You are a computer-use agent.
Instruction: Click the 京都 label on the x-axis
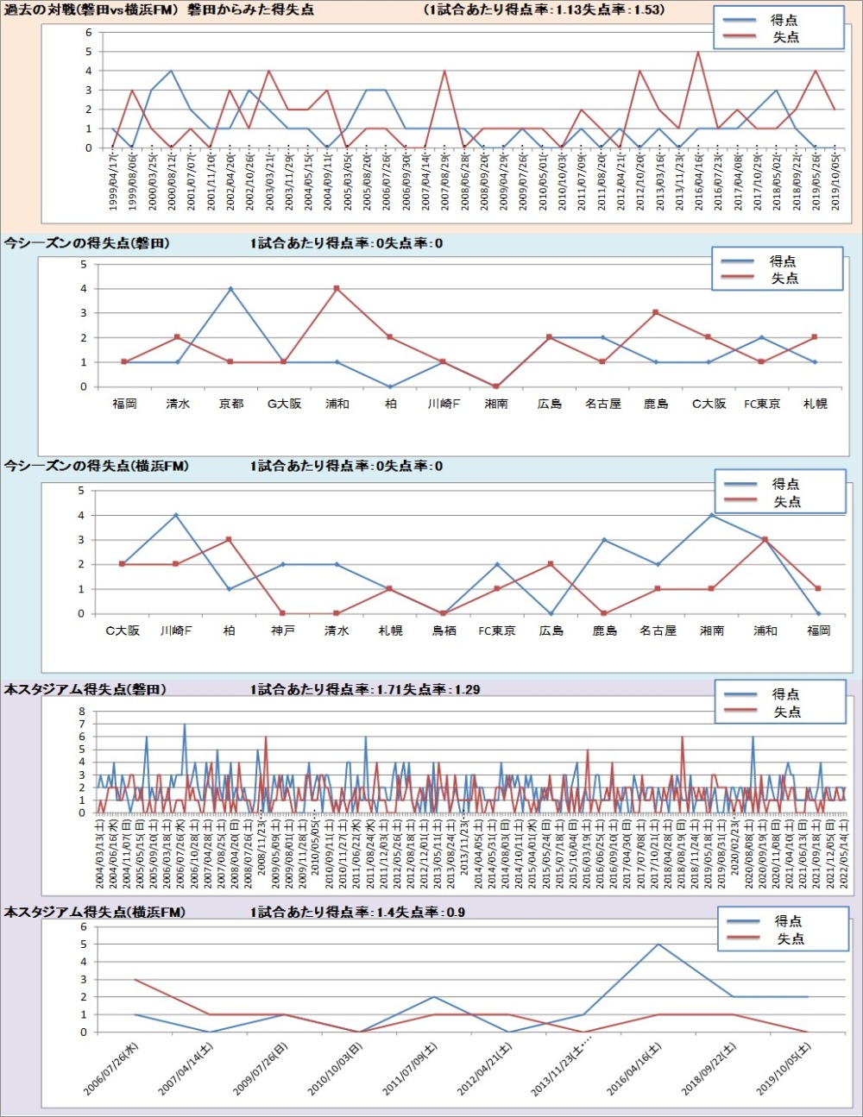(x=231, y=404)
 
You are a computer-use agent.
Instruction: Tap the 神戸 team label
(x=283, y=631)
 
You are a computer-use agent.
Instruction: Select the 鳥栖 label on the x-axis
(x=444, y=631)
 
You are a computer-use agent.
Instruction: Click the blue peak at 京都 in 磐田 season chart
(x=231, y=289)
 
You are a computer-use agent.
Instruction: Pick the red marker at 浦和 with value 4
(x=337, y=289)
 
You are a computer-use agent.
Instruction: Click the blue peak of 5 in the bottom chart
(x=658, y=944)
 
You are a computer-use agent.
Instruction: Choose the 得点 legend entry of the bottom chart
(x=788, y=921)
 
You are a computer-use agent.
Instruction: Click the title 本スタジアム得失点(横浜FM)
(x=95, y=912)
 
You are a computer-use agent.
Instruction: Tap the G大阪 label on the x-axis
(x=284, y=404)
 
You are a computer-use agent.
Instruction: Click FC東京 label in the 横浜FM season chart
(x=497, y=631)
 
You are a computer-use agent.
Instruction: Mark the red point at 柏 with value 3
(x=229, y=540)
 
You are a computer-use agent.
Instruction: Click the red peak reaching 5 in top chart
(x=698, y=53)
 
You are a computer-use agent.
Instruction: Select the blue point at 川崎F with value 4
(x=176, y=516)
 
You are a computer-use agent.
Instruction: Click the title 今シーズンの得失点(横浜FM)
(x=97, y=466)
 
